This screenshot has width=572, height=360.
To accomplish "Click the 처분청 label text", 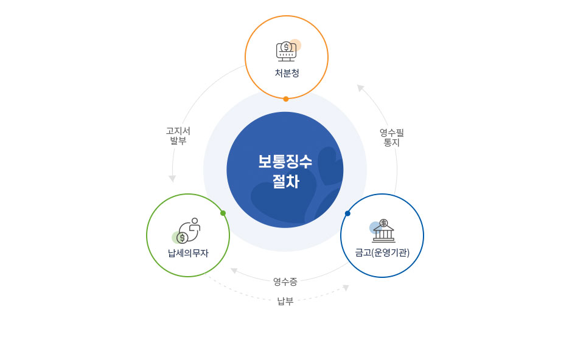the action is click(287, 73).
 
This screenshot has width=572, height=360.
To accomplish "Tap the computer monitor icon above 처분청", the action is click(287, 51).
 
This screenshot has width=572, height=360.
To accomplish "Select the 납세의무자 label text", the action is click(188, 253).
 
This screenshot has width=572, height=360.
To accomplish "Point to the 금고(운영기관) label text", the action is click(382, 252).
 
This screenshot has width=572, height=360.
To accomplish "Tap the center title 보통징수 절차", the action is click(285, 171).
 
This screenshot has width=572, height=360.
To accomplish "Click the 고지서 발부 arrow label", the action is click(178, 136).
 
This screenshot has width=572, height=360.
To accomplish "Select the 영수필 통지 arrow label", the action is click(392, 137).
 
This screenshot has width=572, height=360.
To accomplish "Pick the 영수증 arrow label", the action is click(285, 282).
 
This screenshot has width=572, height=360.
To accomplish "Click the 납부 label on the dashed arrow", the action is click(285, 301).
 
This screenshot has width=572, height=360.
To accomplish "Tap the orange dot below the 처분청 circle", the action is click(286, 99).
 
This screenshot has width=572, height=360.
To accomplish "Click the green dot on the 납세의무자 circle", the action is click(223, 213).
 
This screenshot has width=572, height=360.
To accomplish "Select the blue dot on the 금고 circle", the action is click(347, 213).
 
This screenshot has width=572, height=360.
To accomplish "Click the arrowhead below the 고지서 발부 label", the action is click(172, 179).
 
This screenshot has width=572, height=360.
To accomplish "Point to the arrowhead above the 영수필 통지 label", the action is click(360, 88).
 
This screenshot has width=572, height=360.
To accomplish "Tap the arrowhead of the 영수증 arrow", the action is click(234, 271).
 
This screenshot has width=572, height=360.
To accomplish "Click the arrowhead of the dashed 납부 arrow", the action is click(346, 288).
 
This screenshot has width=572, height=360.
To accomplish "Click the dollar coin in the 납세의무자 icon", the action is click(182, 238).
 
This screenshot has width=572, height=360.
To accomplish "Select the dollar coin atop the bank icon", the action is click(383, 223).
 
